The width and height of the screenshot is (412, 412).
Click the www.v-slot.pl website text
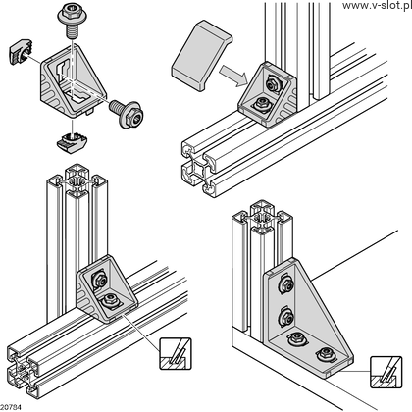[x=377, y=5]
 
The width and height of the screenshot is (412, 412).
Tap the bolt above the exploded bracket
[x=72, y=22]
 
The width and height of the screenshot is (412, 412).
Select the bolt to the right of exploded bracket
[x=127, y=113]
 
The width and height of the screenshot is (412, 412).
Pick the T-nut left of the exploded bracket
[x=20, y=51]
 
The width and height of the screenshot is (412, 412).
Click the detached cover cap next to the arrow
[x=201, y=55]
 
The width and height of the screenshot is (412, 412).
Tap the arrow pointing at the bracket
[x=232, y=76]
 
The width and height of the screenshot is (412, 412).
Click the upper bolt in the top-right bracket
[x=273, y=84]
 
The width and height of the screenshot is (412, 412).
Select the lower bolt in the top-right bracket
[x=262, y=105]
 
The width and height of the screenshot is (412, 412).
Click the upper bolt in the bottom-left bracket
[x=100, y=279]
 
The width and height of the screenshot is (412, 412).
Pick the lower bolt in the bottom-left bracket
[x=110, y=300]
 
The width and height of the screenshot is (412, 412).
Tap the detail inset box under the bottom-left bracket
[x=176, y=354]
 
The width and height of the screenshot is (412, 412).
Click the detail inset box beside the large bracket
[x=386, y=372]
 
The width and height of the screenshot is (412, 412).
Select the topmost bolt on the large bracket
[x=285, y=284]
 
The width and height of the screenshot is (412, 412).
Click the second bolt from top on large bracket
[x=285, y=317]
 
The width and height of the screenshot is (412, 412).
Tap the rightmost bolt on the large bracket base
[x=325, y=353]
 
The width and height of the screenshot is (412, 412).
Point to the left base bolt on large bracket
[x=296, y=338]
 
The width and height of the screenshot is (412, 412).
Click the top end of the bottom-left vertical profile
[x=77, y=180]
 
